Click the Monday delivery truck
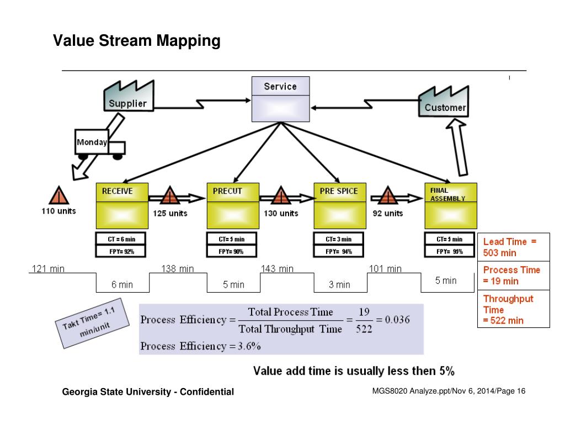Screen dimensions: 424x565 [x=99, y=145]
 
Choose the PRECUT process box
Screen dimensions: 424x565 [x=233, y=205]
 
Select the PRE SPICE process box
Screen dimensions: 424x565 [x=340, y=205]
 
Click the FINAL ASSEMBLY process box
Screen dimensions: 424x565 [x=451, y=205]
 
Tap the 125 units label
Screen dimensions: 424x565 [x=170, y=213]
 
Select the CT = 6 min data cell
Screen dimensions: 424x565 [x=122, y=239]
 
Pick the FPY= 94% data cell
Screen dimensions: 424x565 [x=340, y=251]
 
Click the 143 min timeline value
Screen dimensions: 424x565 [x=277, y=269]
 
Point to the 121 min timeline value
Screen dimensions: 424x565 [x=48, y=269]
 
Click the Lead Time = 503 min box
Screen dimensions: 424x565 [x=513, y=247]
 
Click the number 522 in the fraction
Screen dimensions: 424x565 [x=364, y=329]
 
